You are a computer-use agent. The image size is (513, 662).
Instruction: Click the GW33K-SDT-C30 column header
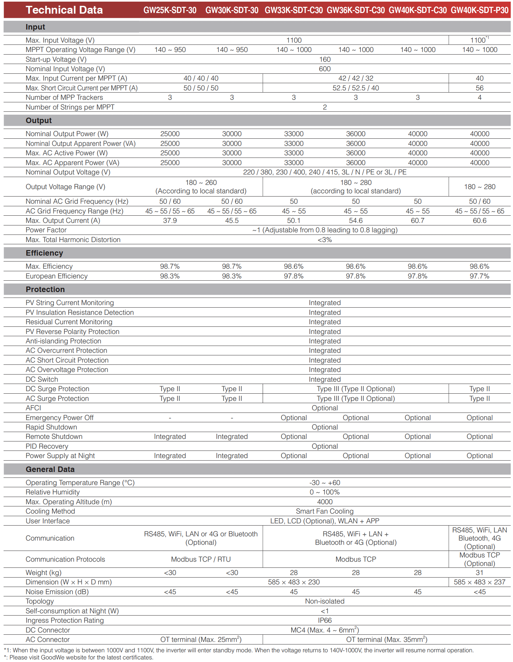tap(294, 10)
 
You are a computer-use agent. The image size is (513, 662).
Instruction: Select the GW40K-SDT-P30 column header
tap(480, 10)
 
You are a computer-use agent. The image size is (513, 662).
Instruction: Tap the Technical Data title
tap(64, 10)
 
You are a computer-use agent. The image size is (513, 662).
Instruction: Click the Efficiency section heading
tap(45, 253)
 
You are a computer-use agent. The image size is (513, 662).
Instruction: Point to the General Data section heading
tap(50, 469)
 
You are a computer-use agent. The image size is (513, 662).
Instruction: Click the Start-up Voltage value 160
tap(325, 59)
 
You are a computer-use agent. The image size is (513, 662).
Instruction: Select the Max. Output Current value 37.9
tap(170, 221)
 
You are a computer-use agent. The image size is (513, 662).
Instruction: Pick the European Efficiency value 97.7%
tap(479, 276)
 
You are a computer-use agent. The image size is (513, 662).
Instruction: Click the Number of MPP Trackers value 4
tap(480, 97)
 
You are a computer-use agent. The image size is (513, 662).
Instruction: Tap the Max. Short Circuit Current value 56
tap(480, 88)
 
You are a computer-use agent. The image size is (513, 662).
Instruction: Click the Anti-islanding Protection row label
tap(63, 341)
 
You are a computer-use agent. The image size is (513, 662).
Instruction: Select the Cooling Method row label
tap(50, 511)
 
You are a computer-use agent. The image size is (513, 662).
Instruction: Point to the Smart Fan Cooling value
tap(324, 511)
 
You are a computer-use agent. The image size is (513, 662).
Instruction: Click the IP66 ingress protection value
tap(325, 620)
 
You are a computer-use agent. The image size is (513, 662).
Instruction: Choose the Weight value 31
tap(480, 573)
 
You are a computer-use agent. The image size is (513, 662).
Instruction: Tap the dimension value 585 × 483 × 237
tap(480, 582)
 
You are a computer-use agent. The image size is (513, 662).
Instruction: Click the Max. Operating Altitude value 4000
tap(325, 502)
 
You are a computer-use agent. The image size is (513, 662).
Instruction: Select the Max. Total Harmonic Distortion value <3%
tap(325, 240)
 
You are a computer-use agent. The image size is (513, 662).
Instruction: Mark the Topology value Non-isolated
tap(325, 601)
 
